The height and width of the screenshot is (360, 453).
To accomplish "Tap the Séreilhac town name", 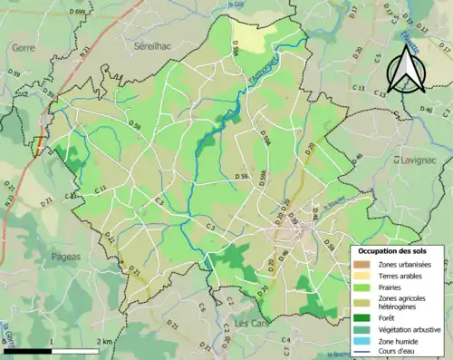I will (152, 44).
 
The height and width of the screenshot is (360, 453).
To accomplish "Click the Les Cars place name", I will (250, 323).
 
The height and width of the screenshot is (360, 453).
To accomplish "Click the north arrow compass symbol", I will (404, 70).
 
